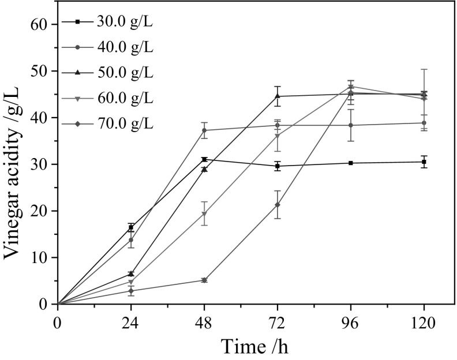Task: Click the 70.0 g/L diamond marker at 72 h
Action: click(278, 205)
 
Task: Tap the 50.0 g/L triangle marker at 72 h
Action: click(278, 96)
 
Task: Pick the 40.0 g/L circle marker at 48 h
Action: click(204, 130)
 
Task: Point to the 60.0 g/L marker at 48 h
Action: click(204, 214)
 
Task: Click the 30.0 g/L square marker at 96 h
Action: click(351, 163)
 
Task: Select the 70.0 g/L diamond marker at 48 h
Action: click(204, 280)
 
